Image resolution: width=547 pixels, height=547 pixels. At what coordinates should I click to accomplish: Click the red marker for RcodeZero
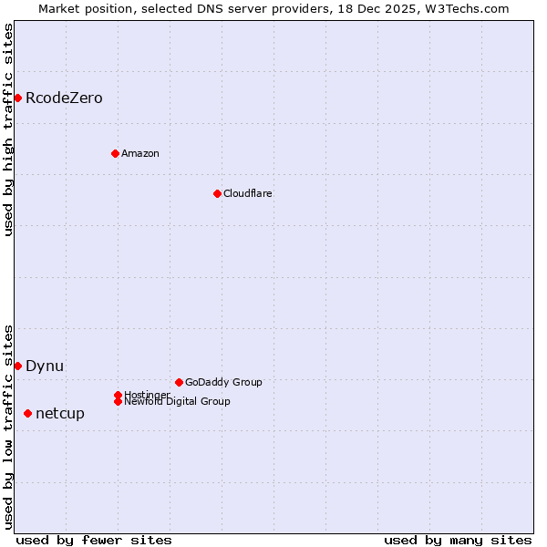[x=17, y=98]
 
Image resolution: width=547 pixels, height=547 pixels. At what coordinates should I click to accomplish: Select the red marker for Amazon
[x=115, y=153]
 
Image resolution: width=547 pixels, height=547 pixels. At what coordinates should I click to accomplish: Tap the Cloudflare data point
[x=217, y=193]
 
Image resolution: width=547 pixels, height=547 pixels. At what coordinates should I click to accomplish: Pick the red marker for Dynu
[x=17, y=366]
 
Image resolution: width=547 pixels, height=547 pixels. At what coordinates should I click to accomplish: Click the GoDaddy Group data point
[x=179, y=382]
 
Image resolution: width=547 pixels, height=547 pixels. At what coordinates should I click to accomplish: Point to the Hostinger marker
[x=118, y=395]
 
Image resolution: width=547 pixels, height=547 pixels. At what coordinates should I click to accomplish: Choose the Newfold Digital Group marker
[x=118, y=401]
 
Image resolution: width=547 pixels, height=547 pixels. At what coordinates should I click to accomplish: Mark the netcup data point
[x=27, y=413]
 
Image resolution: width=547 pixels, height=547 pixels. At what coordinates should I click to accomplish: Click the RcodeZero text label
[x=64, y=98]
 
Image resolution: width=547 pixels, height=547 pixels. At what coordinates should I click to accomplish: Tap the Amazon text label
[x=140, y=153]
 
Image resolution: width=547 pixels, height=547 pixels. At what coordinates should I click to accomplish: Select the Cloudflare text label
[x=248, y=193]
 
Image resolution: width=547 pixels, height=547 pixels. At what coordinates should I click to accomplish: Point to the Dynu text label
[x=45, y=366]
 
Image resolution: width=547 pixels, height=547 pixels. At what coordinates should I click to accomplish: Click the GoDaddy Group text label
[x=223, y=382]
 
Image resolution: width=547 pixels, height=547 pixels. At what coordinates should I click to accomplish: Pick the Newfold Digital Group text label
[x=178, y=401]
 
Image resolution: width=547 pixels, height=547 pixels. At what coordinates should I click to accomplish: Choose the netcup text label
[x=60, y=413]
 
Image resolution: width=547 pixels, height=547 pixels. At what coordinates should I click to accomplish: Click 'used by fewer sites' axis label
[x=94, y=540]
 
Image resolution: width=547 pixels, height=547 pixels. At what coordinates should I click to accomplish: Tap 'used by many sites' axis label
[x=458, y=540]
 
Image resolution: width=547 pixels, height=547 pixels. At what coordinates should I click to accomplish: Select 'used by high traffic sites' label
[x=8, y=129]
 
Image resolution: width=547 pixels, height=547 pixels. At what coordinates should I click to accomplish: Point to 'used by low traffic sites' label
[x=8, y=427]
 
